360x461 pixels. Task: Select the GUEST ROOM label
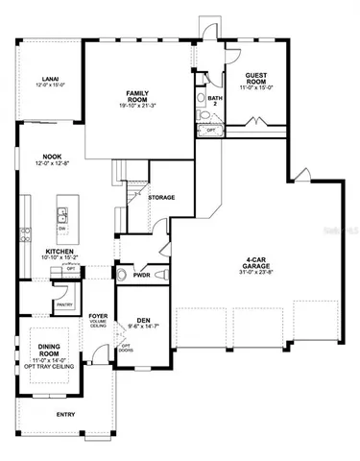255,76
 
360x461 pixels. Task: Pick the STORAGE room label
161,197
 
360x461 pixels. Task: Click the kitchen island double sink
65,216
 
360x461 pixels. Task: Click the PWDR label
143,273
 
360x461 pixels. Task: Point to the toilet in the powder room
122,276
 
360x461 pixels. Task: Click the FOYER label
97,313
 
